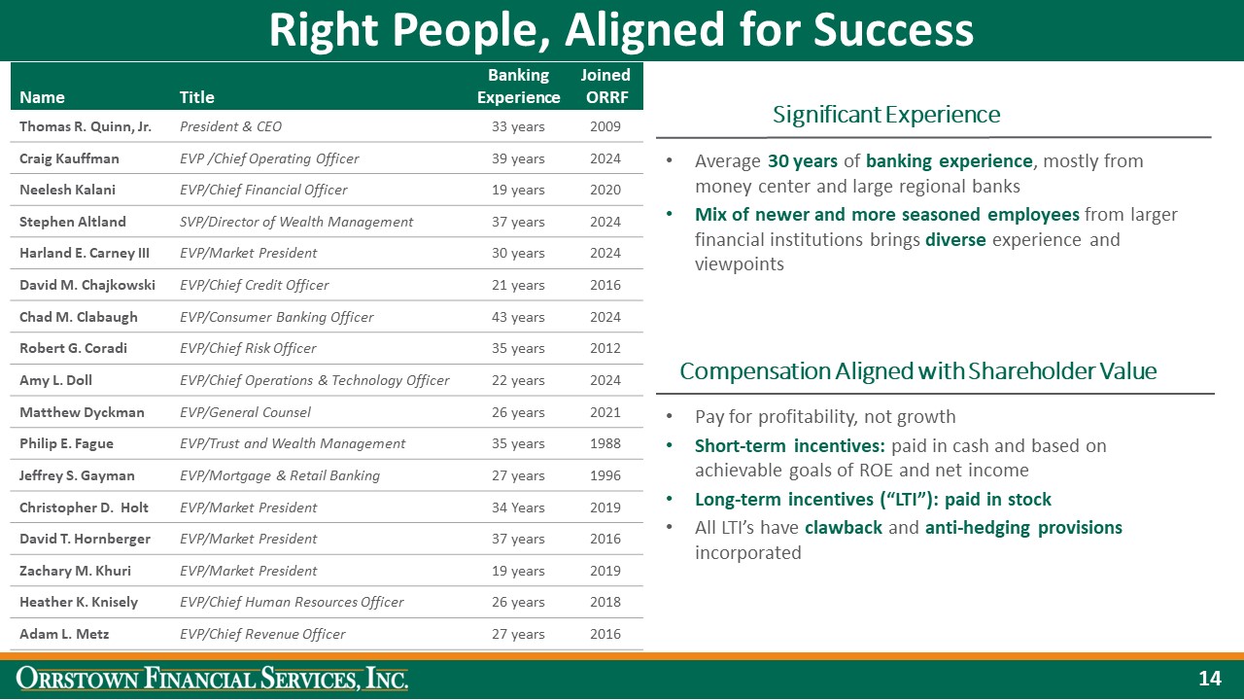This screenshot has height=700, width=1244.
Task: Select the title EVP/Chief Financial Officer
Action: coord(263,190)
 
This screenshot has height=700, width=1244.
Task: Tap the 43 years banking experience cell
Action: coord(518,317)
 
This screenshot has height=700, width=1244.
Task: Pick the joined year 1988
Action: coord(605,443)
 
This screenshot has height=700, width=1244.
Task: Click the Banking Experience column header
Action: coord(518,87)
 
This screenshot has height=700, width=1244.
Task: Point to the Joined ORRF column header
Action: coord(605,87)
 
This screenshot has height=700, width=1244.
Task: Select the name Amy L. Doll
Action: coord(55,380)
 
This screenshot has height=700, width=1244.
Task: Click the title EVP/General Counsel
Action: coord(245,412)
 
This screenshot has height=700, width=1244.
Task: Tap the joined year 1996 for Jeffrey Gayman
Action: coord(605,475)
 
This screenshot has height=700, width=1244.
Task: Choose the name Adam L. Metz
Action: coord(64,634)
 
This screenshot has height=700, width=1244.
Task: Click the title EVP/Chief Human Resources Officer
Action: coord(292,602)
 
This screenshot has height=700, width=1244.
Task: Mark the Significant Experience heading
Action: coord(886,115)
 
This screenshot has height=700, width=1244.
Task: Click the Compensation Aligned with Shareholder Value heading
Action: coord(918,371)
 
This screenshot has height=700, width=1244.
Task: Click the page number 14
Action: coord(1210,679)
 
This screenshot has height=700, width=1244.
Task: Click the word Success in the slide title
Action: coord(893,30)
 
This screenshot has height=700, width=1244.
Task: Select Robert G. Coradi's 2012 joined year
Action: coord(605,348)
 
